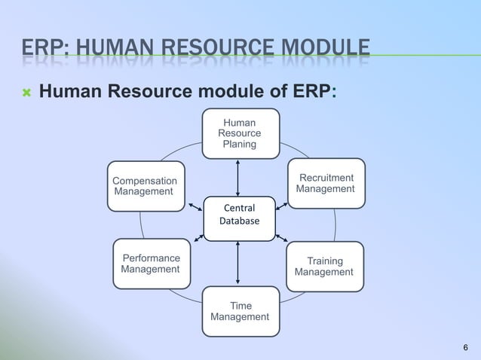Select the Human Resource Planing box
coord(240,133)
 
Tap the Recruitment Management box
coord(326,183)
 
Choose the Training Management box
coord(324,266)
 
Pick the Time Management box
coord(239,312)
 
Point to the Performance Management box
coord(151,264)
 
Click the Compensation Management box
coord(146,186)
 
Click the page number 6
coord(465,347)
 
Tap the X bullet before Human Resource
coord(26,93)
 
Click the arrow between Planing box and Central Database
coord(238,177)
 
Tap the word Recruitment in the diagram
coord(326,178)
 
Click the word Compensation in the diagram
coord(145,181)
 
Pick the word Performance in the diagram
coord(151,258)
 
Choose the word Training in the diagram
coord(325,261)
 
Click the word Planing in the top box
coord(240,144)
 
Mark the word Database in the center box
coord(239,221)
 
